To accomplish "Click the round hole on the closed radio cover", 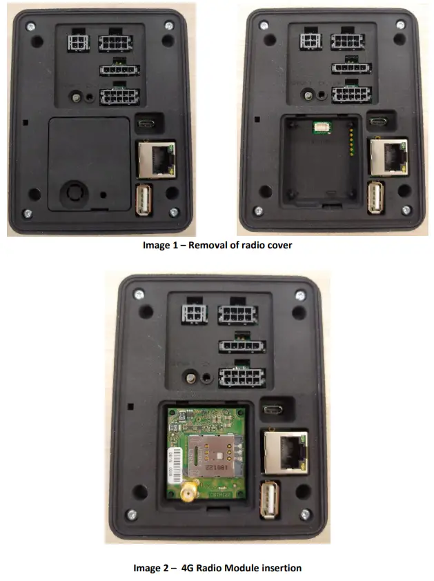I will pos(71,192).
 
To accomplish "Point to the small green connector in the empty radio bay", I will pos(322,127).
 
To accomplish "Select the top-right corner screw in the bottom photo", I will pos(299,294).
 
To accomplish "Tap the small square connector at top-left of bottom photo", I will pos(194,315).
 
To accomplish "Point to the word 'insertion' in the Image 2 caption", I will pos(282,568).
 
